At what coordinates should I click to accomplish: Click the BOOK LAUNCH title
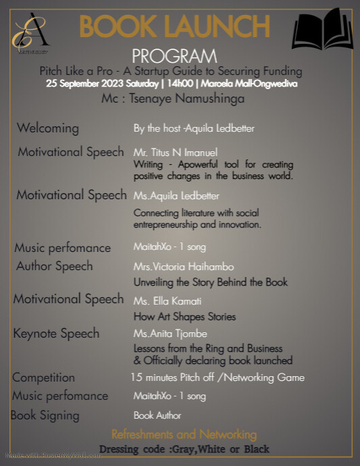coord(175,27)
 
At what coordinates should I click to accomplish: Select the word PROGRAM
coord(174,56)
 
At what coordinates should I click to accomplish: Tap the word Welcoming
coord(47,128)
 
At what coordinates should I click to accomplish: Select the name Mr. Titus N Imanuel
coord(176,153)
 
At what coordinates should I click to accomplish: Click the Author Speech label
coord(54,266)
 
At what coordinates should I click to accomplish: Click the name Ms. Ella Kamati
coord(168,301)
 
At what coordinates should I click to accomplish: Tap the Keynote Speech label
coord(56,334)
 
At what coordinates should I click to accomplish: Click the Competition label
coord(43,378)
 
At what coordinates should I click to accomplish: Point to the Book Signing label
coord(45,415)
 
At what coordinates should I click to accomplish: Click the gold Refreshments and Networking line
coord(184,434)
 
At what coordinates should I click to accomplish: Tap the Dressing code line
coord(184,449)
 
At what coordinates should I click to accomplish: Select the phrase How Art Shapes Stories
coord(184,317)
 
